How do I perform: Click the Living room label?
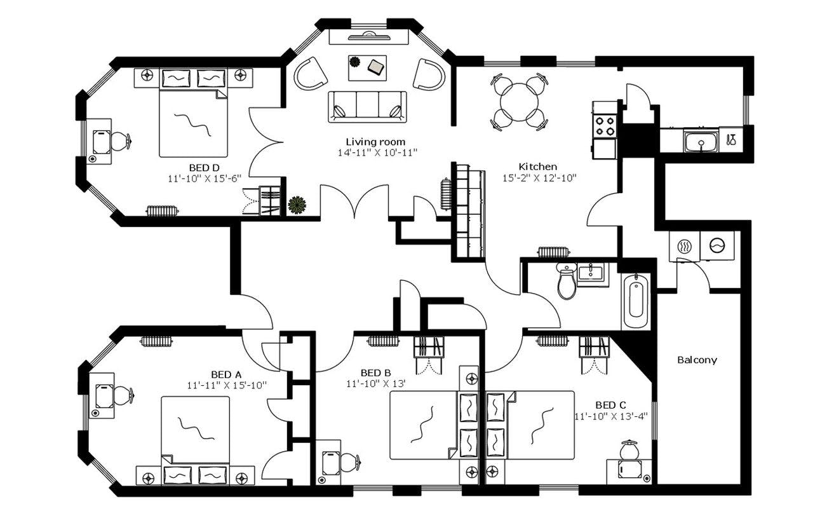(x=375, y=141)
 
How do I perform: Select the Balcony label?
(x=697, y=360)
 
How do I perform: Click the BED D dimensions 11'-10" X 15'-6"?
(x=205, y=179)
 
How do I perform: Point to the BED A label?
(x=226, y=374)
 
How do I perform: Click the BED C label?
(x=610, y=405)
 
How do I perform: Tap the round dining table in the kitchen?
(x=519, y=102)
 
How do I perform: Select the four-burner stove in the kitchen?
(x=605, y=126)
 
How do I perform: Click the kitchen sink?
(x=701, y=140)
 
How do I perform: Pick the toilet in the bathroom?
(x=567, y=280)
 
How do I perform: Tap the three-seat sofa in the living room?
(x=367, y=106)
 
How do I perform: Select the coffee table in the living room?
(x=366, y=67)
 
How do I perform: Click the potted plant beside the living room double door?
(x=297, y=205)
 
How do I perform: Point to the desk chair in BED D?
(x=119, y=141)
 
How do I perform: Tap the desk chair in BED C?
(x=629, y=450)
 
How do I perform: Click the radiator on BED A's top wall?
(x=156, y=341)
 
